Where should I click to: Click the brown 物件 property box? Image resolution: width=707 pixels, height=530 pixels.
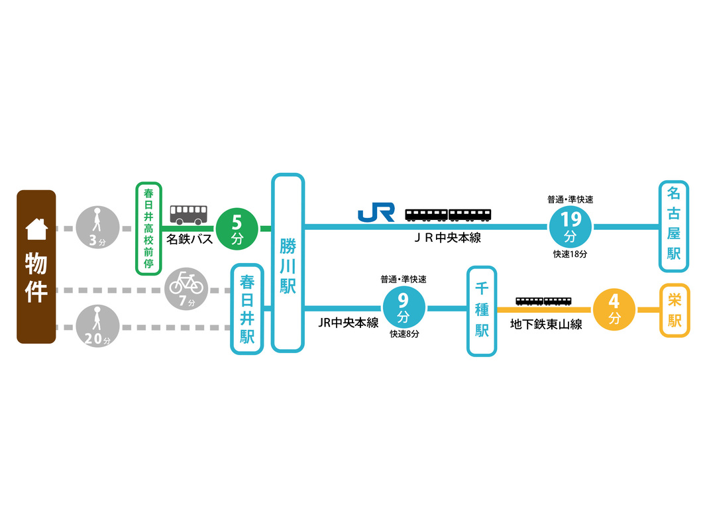[x=36, y=266]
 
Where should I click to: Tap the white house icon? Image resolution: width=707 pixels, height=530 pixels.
[x=36, y=229]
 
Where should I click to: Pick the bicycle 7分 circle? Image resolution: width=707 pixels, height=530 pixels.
[x=187, y=290]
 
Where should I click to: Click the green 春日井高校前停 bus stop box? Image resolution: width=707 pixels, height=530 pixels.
[x=148, y=229]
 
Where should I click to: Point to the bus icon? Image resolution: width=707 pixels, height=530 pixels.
[x=188, y=213]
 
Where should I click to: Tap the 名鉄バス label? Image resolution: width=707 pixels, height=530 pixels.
[x=190, y=238]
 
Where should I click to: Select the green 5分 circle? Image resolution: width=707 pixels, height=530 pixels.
[x=237, y=229]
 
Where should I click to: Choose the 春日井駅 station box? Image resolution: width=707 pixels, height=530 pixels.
[x=247, y=309]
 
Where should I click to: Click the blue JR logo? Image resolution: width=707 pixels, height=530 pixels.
[x=376, y=212]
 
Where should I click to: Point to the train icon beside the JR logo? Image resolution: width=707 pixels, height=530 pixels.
[x=448, y=214]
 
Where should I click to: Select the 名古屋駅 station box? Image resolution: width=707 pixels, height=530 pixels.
[x=674, y=227]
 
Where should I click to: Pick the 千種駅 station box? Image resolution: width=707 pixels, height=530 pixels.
[x=482, y=311]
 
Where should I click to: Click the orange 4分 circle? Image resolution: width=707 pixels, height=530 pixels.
[x=614, y=309]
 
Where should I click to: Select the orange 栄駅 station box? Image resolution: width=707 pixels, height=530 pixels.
[x=675, y=310]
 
